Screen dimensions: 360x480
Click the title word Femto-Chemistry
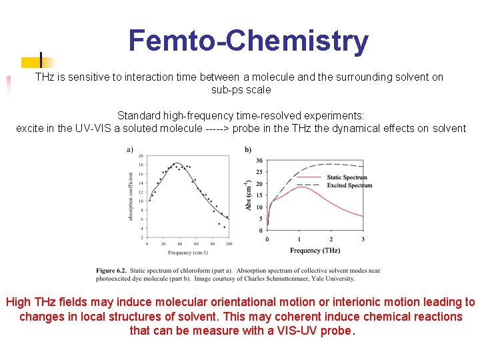click(248, 41)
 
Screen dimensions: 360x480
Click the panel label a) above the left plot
click(129, 149)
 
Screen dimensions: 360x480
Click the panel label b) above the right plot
click(248, 149)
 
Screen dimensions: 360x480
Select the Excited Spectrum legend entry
click(349, 185)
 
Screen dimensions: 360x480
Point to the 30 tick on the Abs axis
click(259, 161)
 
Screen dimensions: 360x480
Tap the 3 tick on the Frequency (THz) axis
click(363, 239)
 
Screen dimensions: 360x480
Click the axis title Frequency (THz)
click(315, 250)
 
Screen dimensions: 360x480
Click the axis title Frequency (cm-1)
click(187, 253)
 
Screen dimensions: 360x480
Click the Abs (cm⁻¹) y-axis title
click(249, 195)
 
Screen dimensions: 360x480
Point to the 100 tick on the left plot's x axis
click(228, 244)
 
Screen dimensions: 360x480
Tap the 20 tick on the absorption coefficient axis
click(141, 155)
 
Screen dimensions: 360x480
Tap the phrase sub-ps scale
click(241, 89)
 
